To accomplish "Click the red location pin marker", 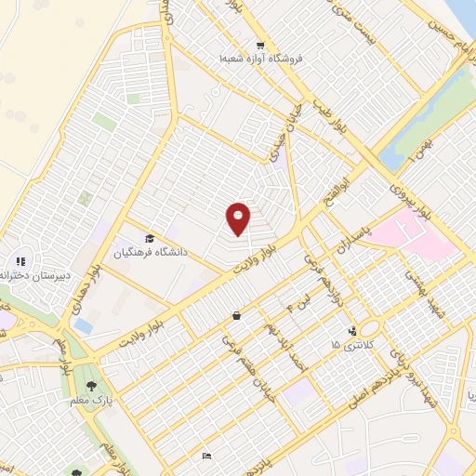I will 239,218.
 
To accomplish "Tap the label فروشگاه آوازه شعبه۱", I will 261,59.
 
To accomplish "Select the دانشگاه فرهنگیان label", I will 151,251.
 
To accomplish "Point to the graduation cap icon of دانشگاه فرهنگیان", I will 150,238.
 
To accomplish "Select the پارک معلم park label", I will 90,399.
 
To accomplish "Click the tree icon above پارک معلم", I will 90,386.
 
